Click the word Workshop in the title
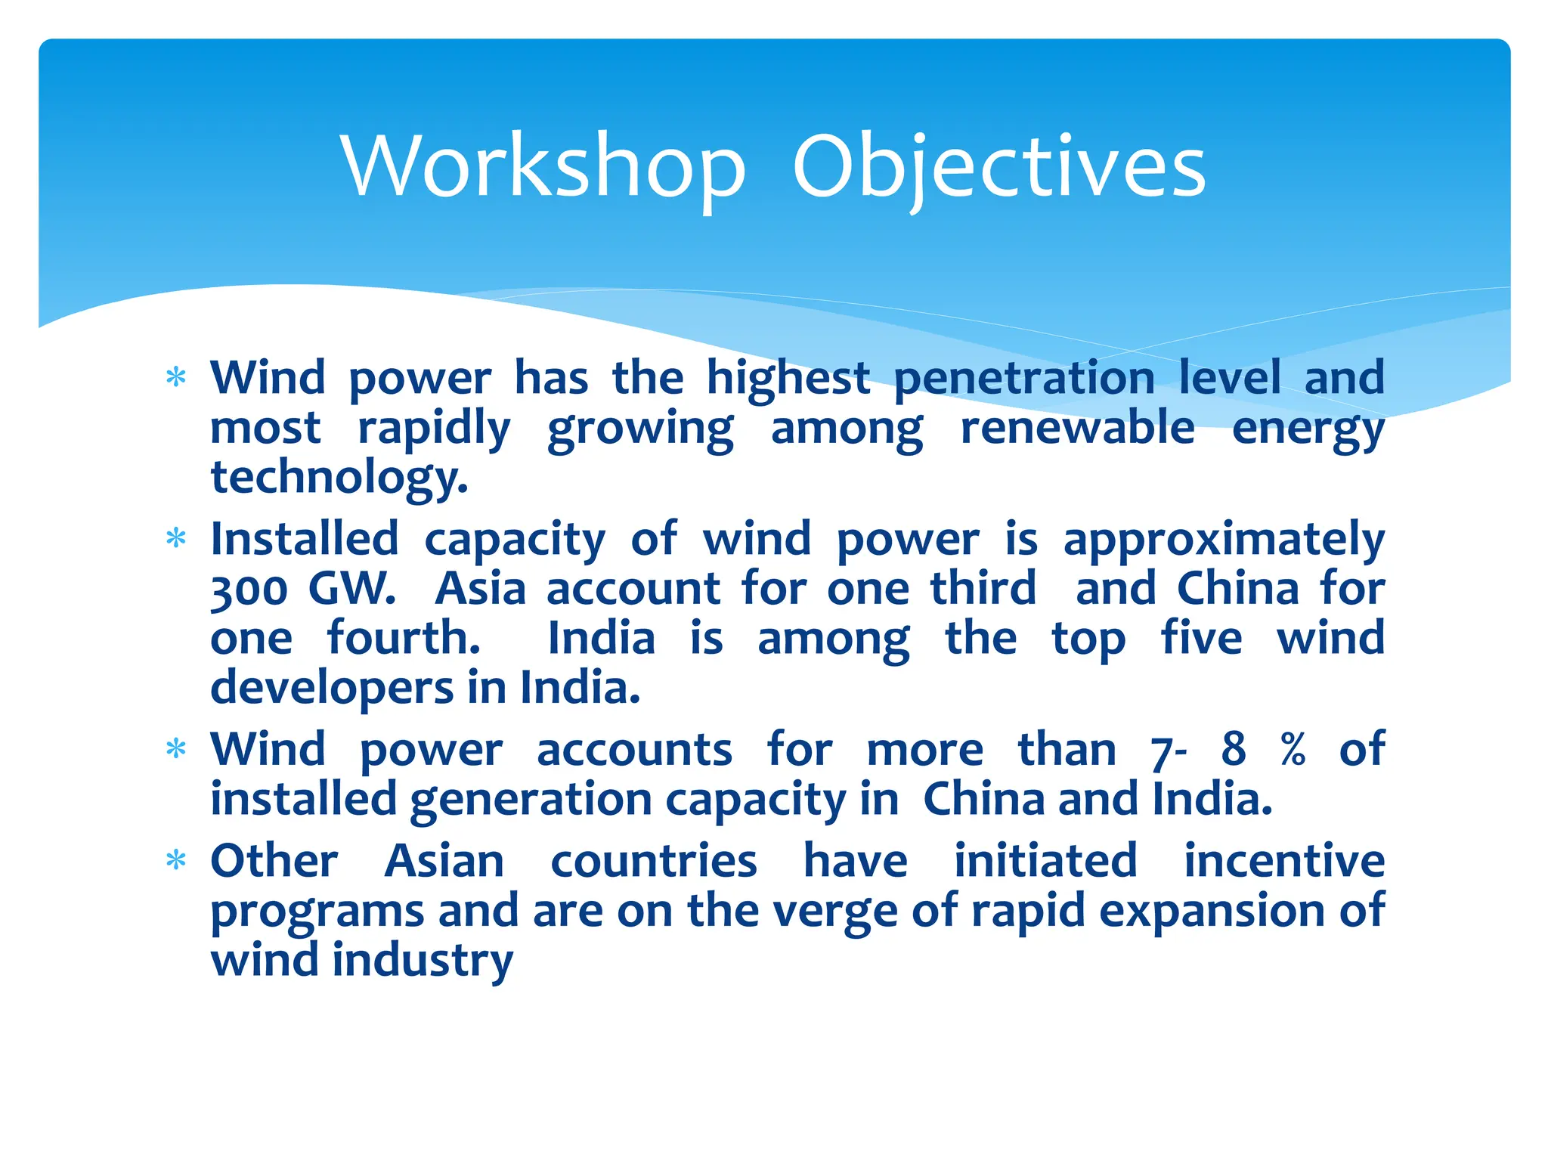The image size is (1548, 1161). (x=543, y=166)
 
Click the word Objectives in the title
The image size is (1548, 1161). (x=998, y=166)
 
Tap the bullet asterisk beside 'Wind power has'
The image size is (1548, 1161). (x=176, y=376)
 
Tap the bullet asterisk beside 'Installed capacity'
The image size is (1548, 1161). (x=176, y=538)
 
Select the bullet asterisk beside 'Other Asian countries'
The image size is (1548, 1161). (x=176, y=860)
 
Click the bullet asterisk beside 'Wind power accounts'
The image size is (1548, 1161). (x=176, y=748)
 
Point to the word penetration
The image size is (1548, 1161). (x=1024, y=378)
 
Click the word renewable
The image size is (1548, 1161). (x=1077, y=428)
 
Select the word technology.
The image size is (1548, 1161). (x=339, y=478)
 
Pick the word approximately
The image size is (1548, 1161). (x=1224, y=540)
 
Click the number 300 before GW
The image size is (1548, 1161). (x=249, y=590)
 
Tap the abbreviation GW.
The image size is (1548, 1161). (x=351, y=588)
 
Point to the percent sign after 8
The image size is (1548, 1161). (x=1293, y=749)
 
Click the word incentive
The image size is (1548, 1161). (x=1283, y=861)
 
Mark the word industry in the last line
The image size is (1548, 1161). (x=423, y=961)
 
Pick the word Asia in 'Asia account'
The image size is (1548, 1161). (x=481, y=589)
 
